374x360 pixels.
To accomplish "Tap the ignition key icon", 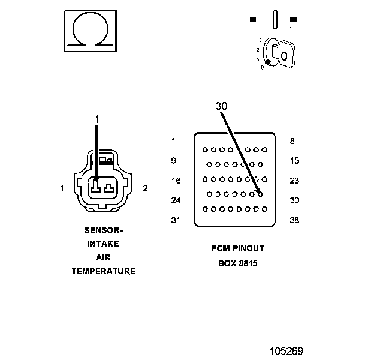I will point(281,54).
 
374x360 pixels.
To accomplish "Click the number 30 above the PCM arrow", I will point(222,106).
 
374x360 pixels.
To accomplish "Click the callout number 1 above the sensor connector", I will point(96,120).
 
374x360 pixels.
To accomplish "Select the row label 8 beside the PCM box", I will point(292,141).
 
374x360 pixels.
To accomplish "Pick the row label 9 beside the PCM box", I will point(173,161).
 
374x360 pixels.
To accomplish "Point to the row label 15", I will point(294,161).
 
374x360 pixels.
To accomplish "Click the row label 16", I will point(175,181).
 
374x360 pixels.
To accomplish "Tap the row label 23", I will point(294,181).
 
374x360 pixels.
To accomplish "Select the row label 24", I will point(175,200).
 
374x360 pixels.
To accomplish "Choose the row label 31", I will point(175,220).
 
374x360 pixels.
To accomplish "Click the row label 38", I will point(294,220).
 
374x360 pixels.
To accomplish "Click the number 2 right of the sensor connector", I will point(145,188).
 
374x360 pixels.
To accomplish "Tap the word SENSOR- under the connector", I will point(104,230).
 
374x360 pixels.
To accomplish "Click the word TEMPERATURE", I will point(104,271).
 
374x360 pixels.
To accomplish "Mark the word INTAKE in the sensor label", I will point(104,244).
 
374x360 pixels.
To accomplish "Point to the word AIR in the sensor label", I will point(104,257).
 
